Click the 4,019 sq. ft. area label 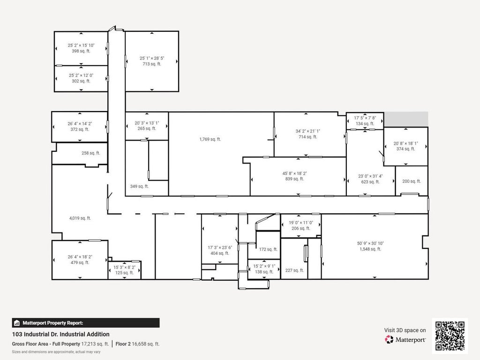tap(80, 218)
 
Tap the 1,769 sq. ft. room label tap(210, 139)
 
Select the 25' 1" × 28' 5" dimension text tap(152, 58)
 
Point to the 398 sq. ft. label tap(81, 51)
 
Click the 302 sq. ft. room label tap(81, 81)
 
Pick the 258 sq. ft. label tap(90, 153)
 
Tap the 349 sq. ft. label tap(139, 186)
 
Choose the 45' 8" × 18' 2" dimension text tap(295, 173)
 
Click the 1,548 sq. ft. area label tap(370, 249)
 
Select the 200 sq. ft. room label tap(412, 181)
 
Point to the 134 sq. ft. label tap(365, 124)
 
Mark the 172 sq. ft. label tap(268, 249)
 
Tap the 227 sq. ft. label tap(294, 270)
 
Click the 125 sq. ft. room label tap(124, 273)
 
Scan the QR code tap(450, 336)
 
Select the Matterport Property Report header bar tap(86, 323)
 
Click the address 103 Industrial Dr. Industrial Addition tap(60, 334)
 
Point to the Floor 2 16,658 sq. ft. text tap(137, 344)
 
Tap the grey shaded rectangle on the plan tap(406, 119)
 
